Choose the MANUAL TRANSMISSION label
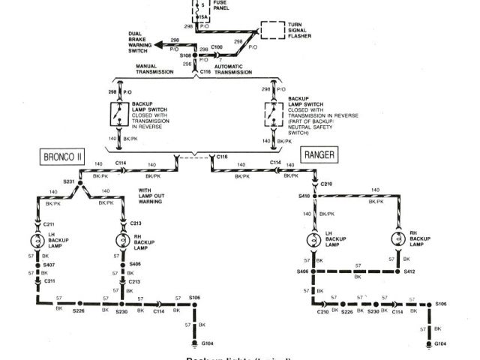157,69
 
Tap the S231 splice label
68,181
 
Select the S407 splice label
49,265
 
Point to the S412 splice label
409,271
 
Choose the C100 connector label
216,46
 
